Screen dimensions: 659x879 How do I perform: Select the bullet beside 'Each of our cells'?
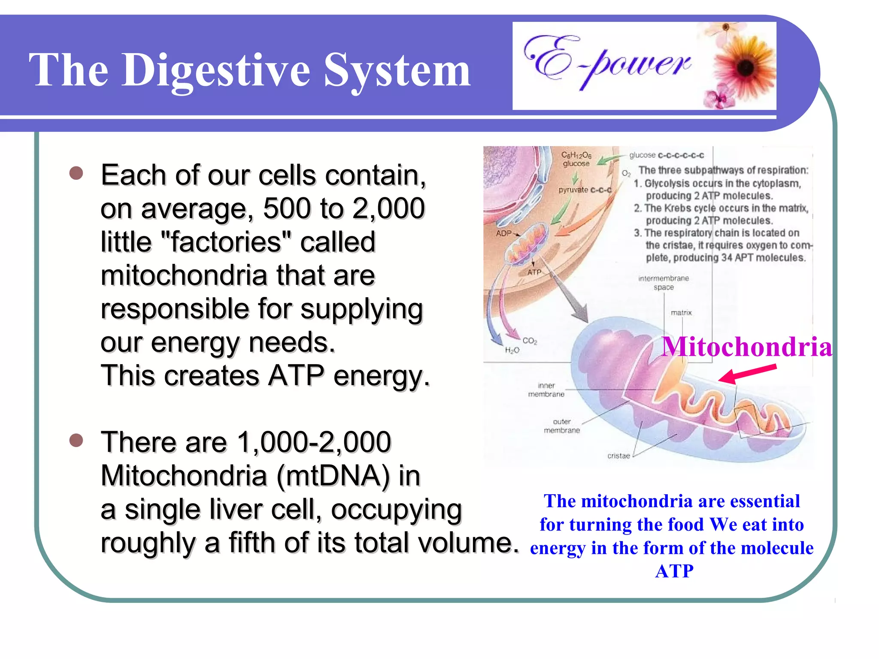coord(76,173)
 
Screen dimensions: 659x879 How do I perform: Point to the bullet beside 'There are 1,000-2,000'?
coord(76,440)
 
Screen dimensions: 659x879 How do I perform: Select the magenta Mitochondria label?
coord(746,347)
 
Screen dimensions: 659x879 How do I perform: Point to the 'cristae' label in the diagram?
coord(618,456)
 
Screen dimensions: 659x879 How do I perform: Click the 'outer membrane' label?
coord(562,426)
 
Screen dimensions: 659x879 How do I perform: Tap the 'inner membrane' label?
coord(546,390)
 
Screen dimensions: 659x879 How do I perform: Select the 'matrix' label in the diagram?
coord(681,313)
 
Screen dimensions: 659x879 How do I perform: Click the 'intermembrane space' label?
coord(664,283)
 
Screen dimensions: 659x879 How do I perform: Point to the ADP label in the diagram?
coord(504,233)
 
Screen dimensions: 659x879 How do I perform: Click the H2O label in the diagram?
coord(512,350)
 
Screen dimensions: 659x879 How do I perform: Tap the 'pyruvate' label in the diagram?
coord(573,190)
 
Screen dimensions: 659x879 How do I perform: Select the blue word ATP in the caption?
coord(674,571)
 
